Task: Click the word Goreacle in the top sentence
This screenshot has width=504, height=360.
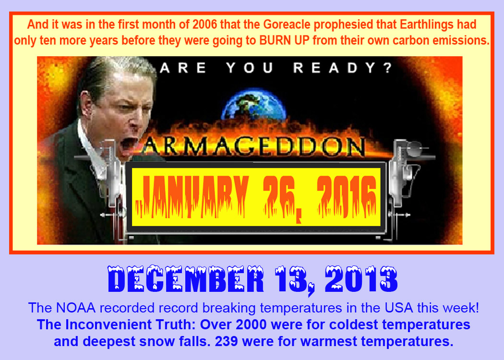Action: coord(287,25)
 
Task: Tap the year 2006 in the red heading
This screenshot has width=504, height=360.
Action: coord(205,24)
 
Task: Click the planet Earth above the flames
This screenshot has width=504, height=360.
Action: coord(254,104)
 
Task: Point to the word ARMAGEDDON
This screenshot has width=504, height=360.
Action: coord(254,147)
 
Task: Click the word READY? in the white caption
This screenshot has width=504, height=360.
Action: coord(343,68)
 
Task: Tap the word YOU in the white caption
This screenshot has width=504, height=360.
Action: coord(250,68)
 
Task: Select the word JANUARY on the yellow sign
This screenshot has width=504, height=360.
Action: coord(192,196)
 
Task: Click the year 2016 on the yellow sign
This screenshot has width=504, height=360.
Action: coord(347,196)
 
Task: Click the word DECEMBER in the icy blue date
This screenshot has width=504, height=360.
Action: coord(186,279)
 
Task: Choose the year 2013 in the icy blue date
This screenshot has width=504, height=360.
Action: coord(361,279)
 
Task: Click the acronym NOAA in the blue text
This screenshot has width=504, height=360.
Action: coord(76,308)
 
